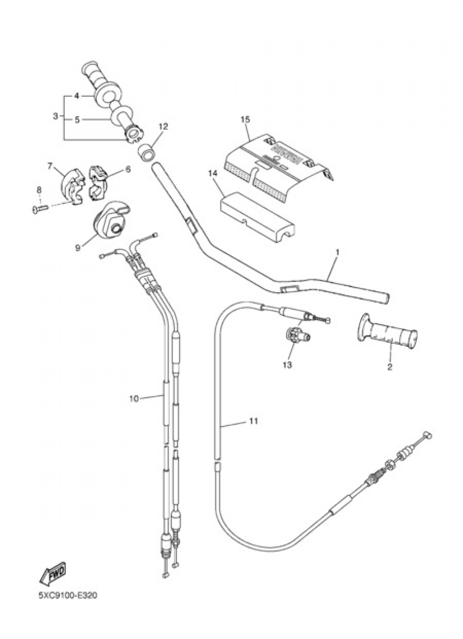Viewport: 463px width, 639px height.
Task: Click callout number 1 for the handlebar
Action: click(338, 252)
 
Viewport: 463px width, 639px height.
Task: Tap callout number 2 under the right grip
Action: click(389, 367)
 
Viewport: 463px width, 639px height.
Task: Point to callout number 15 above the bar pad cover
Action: click(245, 119)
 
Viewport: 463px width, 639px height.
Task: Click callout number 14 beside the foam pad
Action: click(213, 173)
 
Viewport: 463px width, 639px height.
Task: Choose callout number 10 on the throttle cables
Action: click(134, 398)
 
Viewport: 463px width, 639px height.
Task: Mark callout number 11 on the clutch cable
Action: click(253, 421)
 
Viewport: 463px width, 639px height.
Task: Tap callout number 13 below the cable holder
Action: click(287, 365)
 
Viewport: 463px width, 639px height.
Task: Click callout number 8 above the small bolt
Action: click(39, 189)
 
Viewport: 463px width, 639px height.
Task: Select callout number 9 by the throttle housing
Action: click(77, 247)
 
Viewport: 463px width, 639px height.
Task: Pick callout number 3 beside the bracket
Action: click(56, 116)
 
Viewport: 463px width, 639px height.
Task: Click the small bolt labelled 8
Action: click(39, 210)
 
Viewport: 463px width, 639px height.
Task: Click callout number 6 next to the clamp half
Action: click(128, 169)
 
